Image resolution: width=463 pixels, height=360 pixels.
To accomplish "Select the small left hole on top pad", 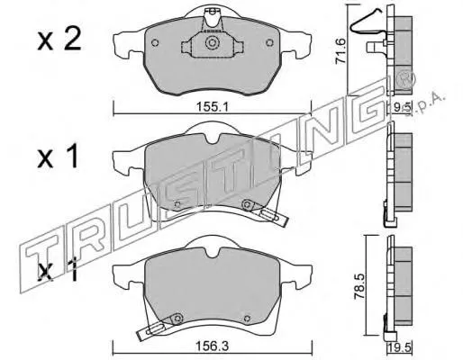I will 155,42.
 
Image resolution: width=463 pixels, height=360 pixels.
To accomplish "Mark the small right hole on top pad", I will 268,42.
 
